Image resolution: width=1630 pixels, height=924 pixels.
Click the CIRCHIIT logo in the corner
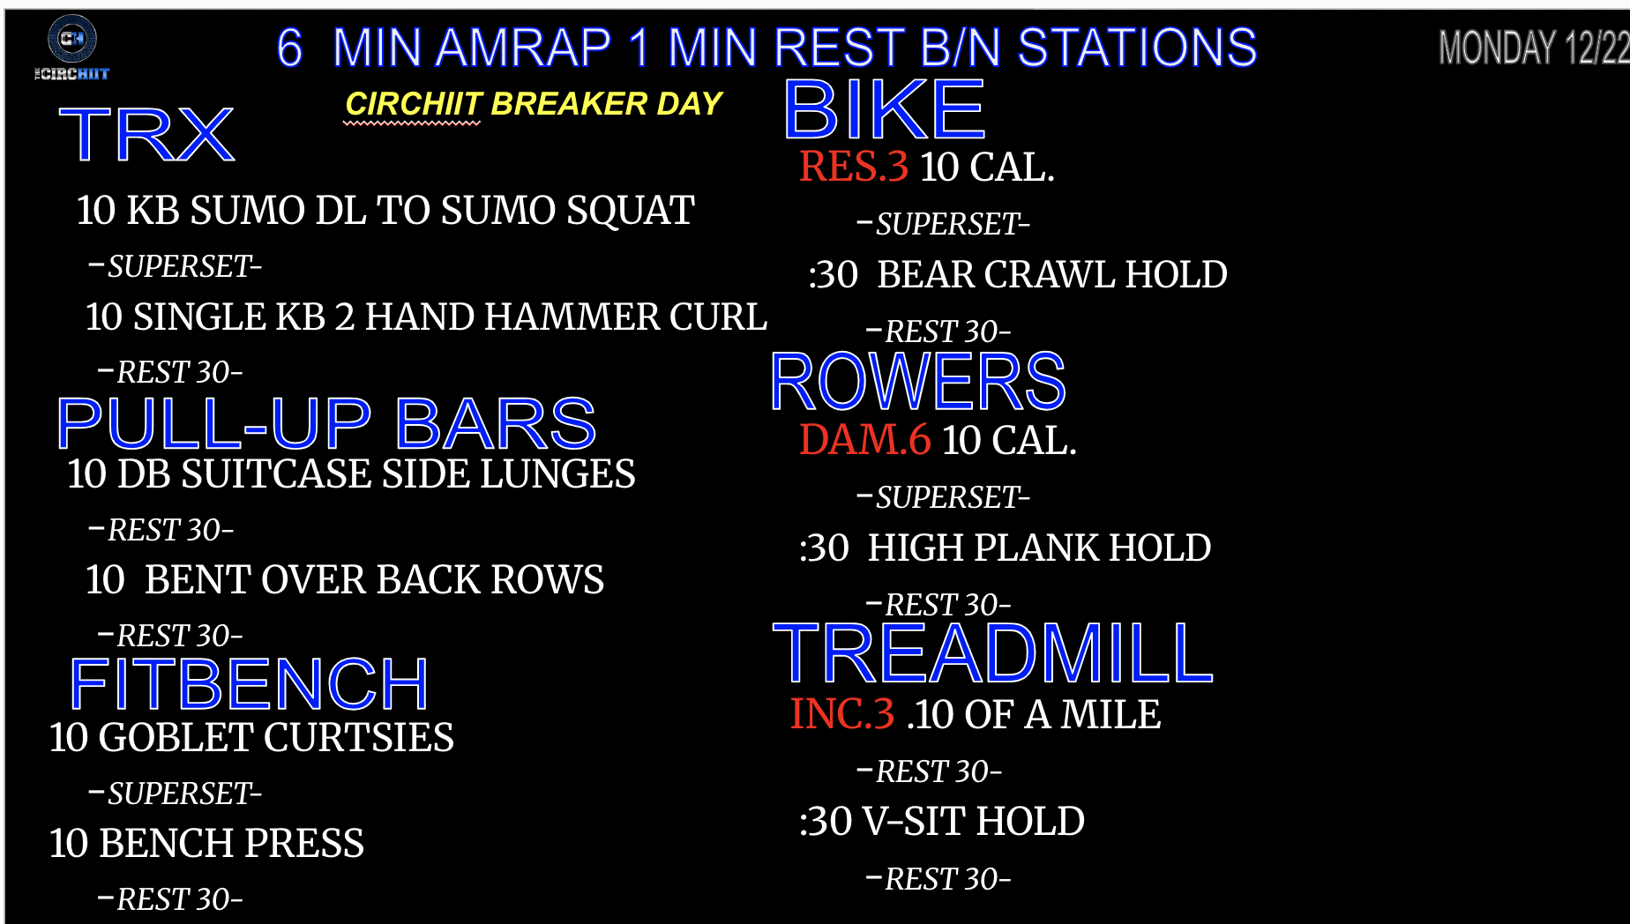[x=71, y=49]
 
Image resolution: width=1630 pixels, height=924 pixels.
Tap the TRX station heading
[x=146, y=135]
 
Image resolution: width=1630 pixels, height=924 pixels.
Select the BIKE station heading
[x=884, y=110]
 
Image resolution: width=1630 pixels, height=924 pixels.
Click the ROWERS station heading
[x=918, y=382]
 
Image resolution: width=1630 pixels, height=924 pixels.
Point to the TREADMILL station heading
[x=993, y=653]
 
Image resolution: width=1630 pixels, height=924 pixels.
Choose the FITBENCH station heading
[x=249, y=684]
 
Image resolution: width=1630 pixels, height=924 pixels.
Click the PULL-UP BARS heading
[x=326, y=423]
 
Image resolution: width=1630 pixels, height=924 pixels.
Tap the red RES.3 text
[x=854, y=167]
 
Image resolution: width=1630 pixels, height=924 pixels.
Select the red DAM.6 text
[x=864, y=440]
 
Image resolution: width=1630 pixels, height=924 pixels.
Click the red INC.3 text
[x=842, y=714]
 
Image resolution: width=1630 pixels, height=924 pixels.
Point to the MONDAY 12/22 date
[x=1534, y=48]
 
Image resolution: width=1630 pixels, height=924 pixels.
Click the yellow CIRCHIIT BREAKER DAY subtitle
[x=534, y=104]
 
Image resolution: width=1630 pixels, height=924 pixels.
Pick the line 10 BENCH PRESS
[x=206, y=844]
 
